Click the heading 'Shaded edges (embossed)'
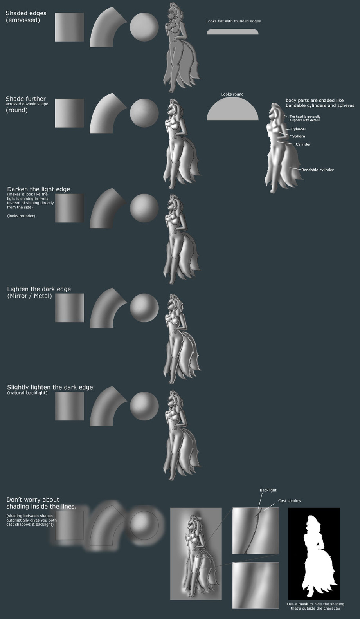click(26, 16)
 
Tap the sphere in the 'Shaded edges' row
click(144, 27)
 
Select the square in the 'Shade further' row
click(69, 113)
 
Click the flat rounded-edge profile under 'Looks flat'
click(232, 32)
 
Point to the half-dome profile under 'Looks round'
click(232, 109)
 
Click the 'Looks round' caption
click(232, 94)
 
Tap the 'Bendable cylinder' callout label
click(317, 170)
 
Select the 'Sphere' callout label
click(299, 136)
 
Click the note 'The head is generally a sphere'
click(305, 118)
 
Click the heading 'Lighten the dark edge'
click(39, 289)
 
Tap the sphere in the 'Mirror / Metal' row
click(144, 308)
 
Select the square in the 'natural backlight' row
click(69, 406)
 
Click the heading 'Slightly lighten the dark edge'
click(50, 387)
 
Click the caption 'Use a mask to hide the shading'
click(315, 604)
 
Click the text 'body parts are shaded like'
click(315, 100)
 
